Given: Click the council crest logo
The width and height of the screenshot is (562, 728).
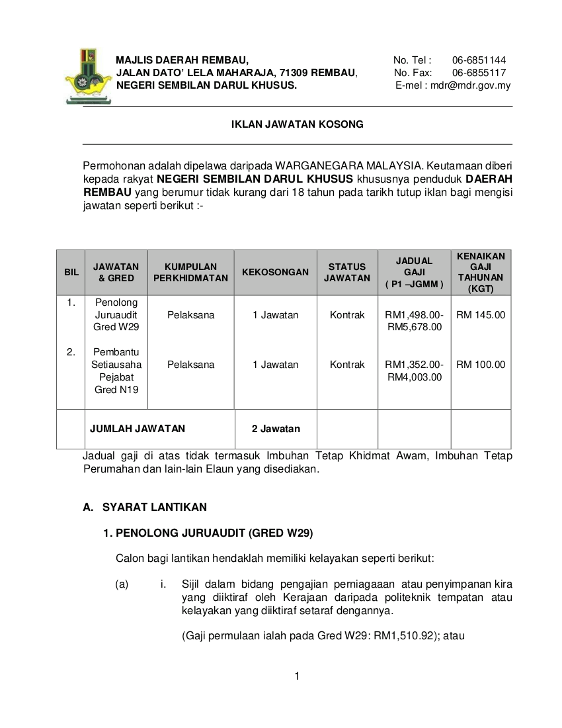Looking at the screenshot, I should coord(88,75).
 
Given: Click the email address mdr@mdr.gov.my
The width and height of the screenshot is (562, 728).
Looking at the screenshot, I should coord(470,85).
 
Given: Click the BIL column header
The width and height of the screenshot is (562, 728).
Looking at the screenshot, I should coord(71,272).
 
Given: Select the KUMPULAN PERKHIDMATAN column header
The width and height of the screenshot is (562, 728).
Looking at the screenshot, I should coord(190,272).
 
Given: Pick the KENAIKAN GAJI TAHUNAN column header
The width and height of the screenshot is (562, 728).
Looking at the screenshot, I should coord(481,272).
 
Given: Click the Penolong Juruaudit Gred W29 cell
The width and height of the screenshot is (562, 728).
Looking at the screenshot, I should coord(116,315).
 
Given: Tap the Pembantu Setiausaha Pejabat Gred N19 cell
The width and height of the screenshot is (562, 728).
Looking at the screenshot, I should coord(116,371).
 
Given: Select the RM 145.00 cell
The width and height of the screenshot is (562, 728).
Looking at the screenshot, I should coord(481,315).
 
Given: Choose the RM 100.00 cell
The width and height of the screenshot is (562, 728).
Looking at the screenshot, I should coord(481,365).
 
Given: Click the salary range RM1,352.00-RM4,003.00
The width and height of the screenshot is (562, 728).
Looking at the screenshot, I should coord(415,371).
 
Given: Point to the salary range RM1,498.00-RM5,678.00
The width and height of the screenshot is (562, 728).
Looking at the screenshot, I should coord(415,321).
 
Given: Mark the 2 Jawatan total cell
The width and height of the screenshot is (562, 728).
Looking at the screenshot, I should coord(276,429).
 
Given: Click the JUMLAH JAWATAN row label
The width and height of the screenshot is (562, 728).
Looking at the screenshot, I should coord(138,429).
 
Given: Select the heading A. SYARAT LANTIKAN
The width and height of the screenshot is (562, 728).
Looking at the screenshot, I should coord(145,508).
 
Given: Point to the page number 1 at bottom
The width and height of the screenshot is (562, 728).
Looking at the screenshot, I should coord(298,676).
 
